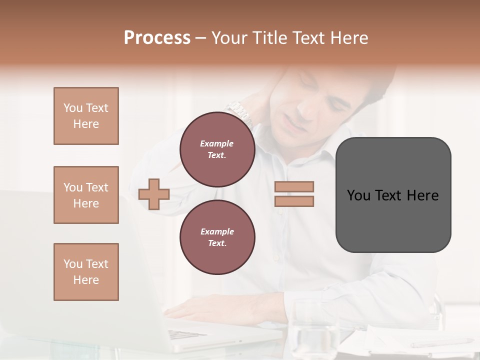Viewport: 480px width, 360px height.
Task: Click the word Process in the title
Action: pos(157,38)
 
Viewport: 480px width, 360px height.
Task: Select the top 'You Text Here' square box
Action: pos(86,116)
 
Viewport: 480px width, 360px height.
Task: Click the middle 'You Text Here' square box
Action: pos(86,195)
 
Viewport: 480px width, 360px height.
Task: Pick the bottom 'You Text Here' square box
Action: pos(86,272)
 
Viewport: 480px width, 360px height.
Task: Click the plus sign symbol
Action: pos(154,194)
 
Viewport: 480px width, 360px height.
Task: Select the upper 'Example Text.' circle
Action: pos(217,149)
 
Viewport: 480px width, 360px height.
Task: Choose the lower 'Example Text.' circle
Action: pos(217,237)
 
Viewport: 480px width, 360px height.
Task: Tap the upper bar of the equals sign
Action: pos(294,187)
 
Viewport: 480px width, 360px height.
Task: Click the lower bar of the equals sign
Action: pos(294,201)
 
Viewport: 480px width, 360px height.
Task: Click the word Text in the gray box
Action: pos(391,195)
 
